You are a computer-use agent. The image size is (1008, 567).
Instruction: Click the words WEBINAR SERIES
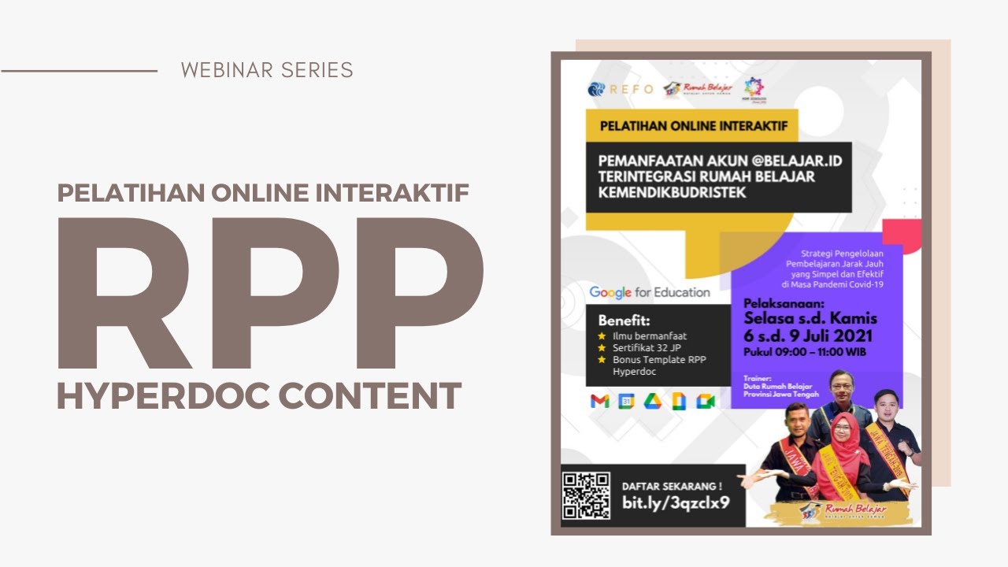[x=267, y=70]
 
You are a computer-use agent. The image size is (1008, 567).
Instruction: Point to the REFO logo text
[x=631, y=89]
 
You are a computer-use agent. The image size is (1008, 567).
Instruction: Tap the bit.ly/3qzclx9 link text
[x=675, y=502]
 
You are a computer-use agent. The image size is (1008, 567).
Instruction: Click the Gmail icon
[x=599, y=402]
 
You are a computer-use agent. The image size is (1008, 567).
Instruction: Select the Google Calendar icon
[x=626, y=402]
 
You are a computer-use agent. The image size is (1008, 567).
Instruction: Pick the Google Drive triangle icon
[x=652, y=402]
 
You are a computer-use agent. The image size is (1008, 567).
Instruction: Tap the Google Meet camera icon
[x=705, y=402]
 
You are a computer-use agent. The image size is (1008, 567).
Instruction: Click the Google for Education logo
[x=650, y=293]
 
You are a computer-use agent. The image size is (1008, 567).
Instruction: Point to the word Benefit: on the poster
[x=624, y=321]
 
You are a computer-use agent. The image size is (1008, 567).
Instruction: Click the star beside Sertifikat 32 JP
[x=602, y=347]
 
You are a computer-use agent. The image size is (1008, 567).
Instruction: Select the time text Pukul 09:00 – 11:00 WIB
[x=805, y=352]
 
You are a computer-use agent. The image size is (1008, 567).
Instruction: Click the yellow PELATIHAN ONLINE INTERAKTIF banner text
[x=694, y=125]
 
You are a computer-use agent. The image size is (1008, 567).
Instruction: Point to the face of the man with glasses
[x=841, y=388]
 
